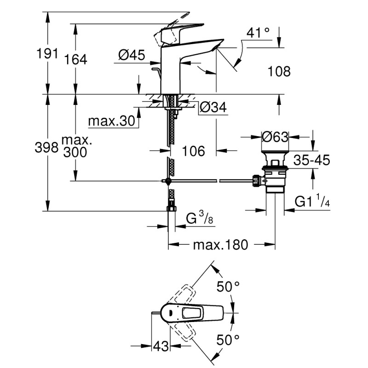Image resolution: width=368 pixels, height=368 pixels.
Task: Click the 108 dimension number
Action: [x=279, y=71]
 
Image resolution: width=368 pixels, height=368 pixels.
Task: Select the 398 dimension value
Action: [x=47, y=147]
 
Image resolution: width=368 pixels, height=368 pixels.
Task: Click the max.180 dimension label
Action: [x=220, y=244]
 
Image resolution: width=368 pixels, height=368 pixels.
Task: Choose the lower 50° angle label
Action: [x=229, y=340]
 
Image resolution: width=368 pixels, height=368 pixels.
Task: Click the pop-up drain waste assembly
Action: [x=275, y=177]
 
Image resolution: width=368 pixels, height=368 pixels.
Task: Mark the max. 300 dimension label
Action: [x=75, y=146]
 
